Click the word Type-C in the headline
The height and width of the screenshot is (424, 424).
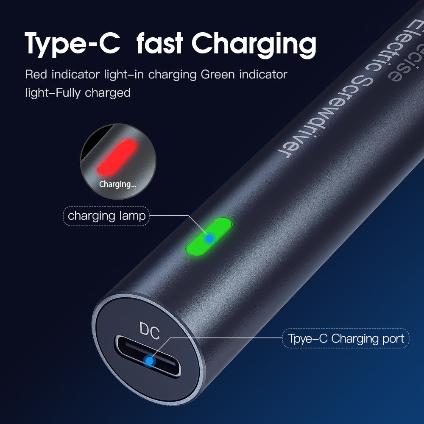73,44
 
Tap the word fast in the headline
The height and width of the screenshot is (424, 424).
160,43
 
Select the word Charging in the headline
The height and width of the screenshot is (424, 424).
254,45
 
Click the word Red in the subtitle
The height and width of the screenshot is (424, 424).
36,74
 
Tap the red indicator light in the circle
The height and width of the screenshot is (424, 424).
117,157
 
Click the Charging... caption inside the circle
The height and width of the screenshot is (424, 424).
117,184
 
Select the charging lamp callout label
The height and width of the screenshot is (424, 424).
106,216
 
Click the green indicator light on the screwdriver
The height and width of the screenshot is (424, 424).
209,237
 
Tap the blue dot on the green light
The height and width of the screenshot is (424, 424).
209,238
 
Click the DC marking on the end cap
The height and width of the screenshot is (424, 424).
150,330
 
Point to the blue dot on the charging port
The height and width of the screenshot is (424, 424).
149,361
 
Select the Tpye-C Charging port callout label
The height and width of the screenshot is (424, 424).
346,338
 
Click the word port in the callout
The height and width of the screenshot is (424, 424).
393,339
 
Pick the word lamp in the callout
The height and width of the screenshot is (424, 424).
132,217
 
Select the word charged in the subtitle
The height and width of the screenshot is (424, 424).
108,93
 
